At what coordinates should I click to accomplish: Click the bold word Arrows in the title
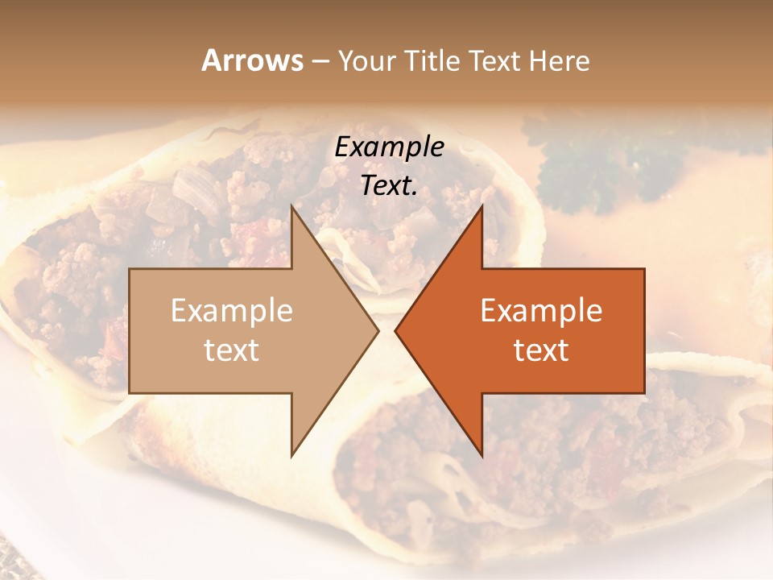pos(251,60)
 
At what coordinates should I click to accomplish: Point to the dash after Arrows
pos(319,62)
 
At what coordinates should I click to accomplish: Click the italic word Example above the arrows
pos(389,147)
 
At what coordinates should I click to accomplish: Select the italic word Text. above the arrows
pos(389,185)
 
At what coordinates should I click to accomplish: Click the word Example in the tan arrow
pos(232,311)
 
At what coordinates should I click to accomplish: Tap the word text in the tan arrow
pos(232,350)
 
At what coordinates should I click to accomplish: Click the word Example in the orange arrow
pos(541,311)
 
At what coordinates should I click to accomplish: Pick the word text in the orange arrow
pos(541,350)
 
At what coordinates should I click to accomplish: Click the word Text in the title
pos(494,61)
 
